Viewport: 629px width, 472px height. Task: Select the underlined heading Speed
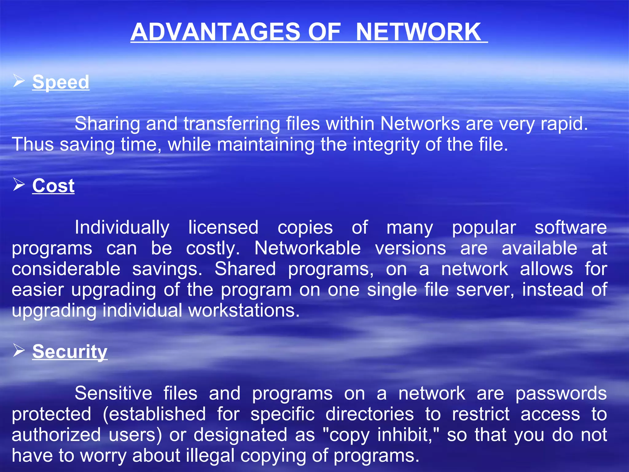61,82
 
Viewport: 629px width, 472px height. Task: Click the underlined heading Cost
53,186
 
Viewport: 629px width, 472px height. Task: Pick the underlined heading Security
70,351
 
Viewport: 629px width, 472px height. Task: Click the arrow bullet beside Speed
19,81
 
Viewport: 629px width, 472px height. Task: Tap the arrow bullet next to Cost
19,185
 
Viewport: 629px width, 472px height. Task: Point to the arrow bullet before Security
19,350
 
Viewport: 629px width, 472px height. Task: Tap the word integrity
386,144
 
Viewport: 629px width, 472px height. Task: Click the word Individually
122,227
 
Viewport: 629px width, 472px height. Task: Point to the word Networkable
307,248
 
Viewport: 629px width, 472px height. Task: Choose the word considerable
66,269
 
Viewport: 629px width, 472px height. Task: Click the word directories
369,414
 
